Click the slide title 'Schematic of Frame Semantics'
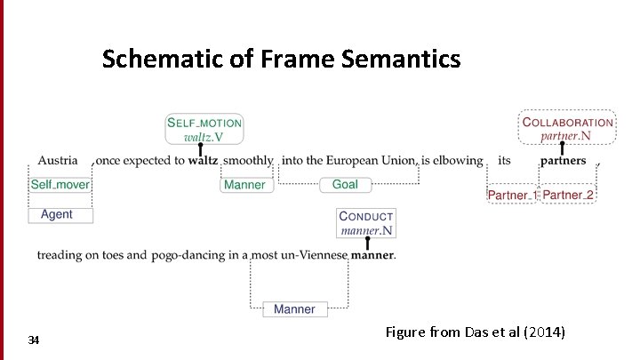click(x=281, y=60)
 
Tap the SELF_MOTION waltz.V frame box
click(x=204, y=129)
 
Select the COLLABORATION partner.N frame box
click(x=567, y=129)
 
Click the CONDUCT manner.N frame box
click(x=366, y=223)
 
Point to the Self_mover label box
click(x=60, y=185)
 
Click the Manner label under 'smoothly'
click(x=244, y=185)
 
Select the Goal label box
click(x=345, y=185)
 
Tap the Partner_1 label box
click(x=512, y=195)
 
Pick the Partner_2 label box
click(x=568, y=195)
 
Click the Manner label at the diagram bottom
click(x=294, y=309)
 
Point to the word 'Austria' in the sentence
click(x=57, y=161)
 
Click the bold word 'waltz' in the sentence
click(x=204, y=161)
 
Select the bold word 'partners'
click(x=563, y=161)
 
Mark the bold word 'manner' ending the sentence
click(x=372, y=256)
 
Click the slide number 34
click(x=34, y=340)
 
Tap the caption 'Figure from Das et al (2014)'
click(x=476, y=332)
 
